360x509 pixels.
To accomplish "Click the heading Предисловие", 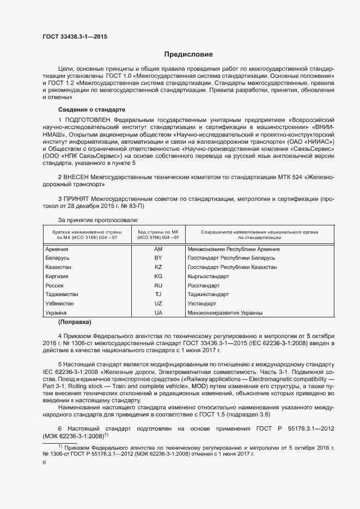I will (188, 55).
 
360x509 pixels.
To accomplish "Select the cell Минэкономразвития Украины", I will (225, 313).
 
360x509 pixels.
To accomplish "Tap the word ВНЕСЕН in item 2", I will (78, 177).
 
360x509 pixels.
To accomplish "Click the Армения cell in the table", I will (57, 249).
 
